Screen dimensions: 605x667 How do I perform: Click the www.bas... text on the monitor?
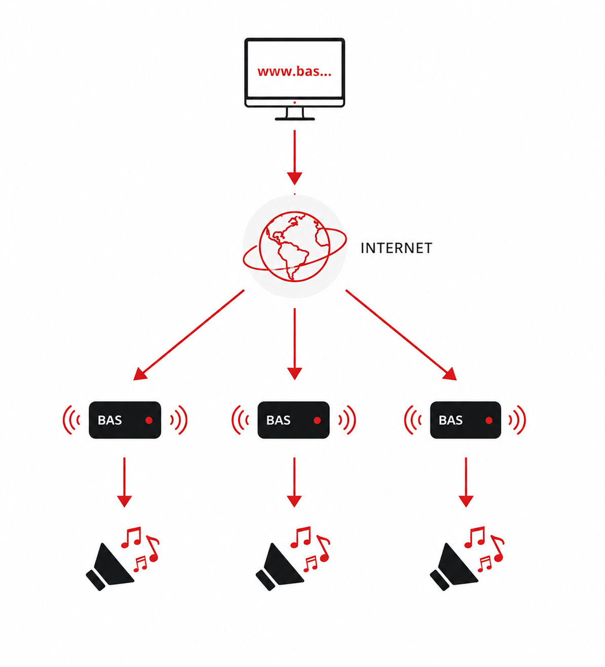pyautogui.click(x=294, y=71)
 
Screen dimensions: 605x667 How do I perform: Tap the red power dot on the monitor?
pyautogui.click(x=294, y=102)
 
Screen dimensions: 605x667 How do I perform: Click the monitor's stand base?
pyautogui.click(x=294, y=119)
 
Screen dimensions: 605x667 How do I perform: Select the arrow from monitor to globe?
pyautogui.click(x=294, y=158)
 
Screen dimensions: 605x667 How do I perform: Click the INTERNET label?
pyautogui.click(x=396, y=248)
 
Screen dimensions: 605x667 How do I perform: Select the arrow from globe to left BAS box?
pyautogui.click(x=188, y=335)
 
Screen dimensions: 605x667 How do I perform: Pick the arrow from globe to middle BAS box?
pyautogui.click(x=294, y=344)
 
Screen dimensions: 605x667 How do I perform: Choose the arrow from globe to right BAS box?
pyautogui.click(x=401, y=335)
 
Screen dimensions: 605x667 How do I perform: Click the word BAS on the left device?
pyautogui.click(x=110, y=420)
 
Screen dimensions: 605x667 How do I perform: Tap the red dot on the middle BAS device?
pyautogui.click(x=317, y=421)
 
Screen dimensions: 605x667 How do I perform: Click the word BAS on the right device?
pyautogui.click(x=450, y=420)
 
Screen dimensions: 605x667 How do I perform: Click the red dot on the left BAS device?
pyautogui.click(x=149, y=421)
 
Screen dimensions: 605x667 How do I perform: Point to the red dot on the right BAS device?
pyautogui.click(x=489, y=421)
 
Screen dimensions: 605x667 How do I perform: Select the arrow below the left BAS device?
pyautogui.click(x=125, y=482)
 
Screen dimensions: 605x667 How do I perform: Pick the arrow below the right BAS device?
pyautogui.click(x=466, y=482)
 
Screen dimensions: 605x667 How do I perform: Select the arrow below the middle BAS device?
pyautogui.click(x=294, y=482)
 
